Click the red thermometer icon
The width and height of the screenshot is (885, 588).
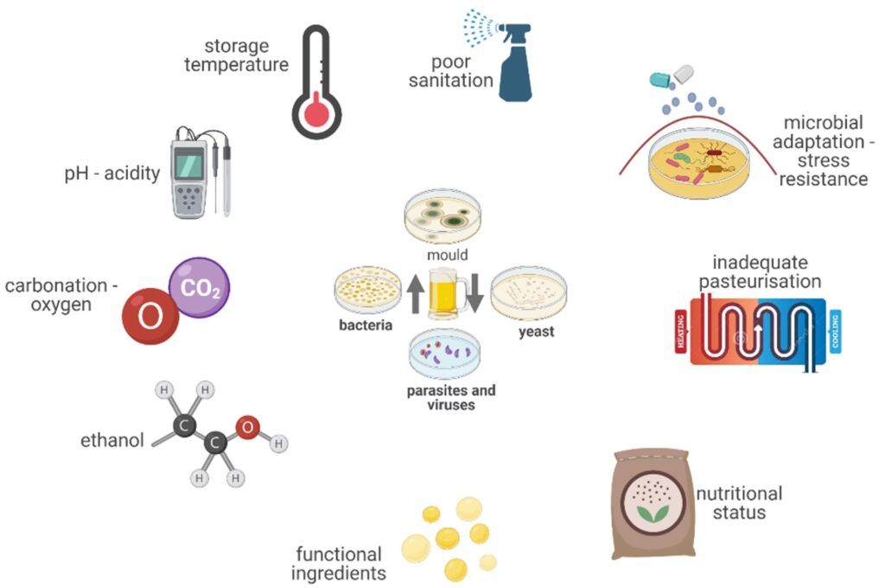coord(315,82)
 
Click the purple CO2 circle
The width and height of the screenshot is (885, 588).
coord(200,287)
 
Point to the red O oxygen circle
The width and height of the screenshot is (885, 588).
coord(150,316)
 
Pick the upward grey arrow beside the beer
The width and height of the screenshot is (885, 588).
coord(416,293)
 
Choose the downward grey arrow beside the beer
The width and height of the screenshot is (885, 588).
coord(475,293)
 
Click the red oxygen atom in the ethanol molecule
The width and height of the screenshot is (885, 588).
coord(248,427)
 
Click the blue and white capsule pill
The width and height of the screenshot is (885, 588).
coord(672,77)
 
